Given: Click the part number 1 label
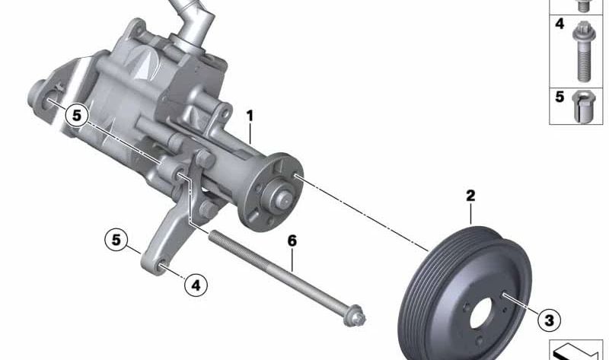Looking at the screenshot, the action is pos(250,116).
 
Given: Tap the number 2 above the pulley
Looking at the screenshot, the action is pos(470,196).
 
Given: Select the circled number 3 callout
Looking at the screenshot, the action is pos(549,320).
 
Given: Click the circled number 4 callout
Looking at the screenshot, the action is pos(196,285).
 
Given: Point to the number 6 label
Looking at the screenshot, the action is pos(292,241).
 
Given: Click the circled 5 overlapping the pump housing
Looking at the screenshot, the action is pos(77,116).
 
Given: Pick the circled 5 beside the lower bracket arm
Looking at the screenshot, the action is pos(116,240).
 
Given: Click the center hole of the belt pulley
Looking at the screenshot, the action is pos(482,313).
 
